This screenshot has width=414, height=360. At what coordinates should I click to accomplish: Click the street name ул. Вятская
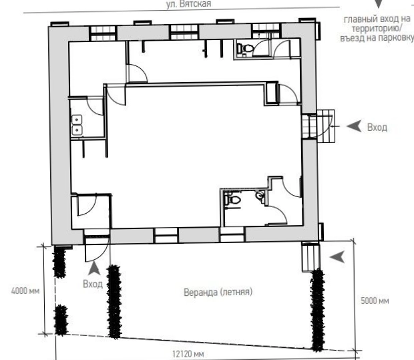pos(188,4)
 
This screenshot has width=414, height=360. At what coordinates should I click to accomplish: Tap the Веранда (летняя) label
pos(218,292)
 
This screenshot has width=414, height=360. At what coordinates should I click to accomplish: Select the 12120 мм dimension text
pos(188,354)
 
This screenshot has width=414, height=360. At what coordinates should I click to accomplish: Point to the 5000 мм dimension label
pos(375,301)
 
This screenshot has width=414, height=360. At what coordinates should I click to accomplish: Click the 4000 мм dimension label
pos(25,291)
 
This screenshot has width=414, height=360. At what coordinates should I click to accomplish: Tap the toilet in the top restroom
pos(246,48)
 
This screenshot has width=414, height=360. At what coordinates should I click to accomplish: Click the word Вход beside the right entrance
pos(377,128)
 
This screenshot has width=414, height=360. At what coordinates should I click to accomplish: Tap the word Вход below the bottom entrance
pos(93,284)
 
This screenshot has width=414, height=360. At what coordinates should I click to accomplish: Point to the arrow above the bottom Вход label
pos(94,268)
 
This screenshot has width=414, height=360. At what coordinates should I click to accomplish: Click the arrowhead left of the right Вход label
pos(354,126)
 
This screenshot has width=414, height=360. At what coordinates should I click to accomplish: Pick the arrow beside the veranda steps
pos(338,256)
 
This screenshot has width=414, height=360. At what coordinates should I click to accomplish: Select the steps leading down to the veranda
pos(310,258)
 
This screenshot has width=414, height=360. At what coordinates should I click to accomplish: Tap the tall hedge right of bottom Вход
pos(114,302)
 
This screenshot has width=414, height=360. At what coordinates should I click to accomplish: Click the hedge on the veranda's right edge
pos(318,310)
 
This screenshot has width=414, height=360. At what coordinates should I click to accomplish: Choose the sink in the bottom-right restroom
pos(260,196)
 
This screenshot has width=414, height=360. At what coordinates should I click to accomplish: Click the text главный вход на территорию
pos(377,24)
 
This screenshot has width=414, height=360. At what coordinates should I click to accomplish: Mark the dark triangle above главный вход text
pos(379,3)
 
